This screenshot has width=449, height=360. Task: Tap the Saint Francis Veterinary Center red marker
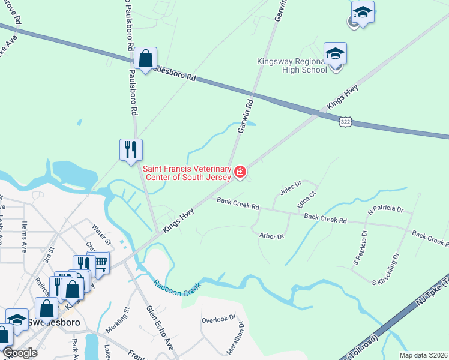tap(240, 173)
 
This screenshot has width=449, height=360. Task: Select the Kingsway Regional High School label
tap(292, 65)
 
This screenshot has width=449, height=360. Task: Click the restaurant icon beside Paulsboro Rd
tap(131, 149)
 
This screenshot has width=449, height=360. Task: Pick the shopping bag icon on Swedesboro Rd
tap(145, 59)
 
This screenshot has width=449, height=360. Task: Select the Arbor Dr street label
tap(271, 236)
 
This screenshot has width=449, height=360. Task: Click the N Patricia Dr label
tap(386, 209)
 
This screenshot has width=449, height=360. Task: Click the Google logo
tap(20, 353)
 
